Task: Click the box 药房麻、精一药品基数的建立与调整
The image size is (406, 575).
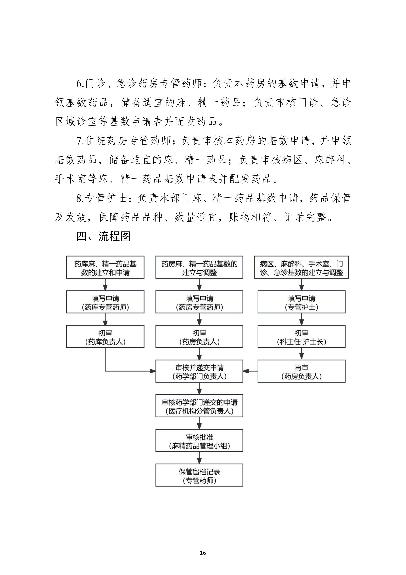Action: [199, 267]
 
